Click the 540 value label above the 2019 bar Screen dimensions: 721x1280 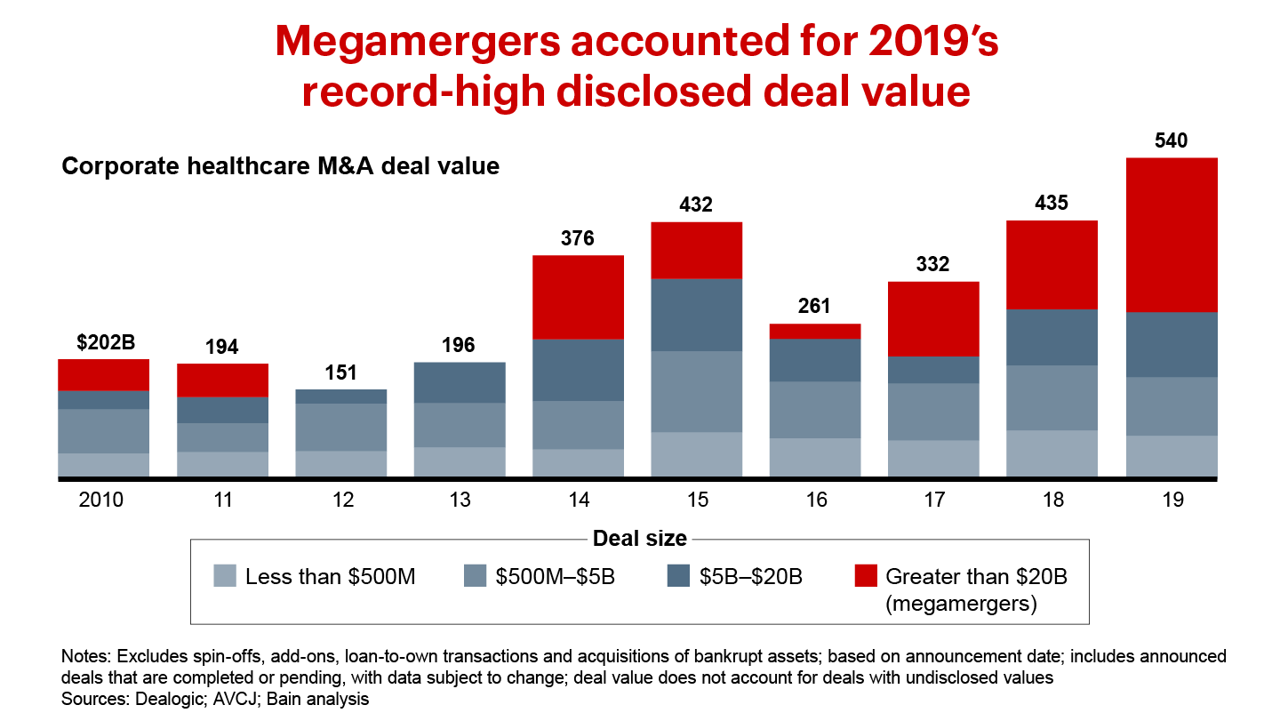1172,140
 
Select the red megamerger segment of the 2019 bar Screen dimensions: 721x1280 1172,235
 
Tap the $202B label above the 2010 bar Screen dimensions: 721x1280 103,342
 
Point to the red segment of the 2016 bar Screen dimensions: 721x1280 815,331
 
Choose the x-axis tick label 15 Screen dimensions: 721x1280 697,500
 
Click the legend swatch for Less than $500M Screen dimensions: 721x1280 226,576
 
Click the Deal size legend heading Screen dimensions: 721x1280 639,538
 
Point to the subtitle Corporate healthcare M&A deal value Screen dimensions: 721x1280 280,166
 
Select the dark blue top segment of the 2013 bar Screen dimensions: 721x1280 460,382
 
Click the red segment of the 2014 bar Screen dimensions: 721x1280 578,297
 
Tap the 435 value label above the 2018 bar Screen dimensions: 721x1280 1052,203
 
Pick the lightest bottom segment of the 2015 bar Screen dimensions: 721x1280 697,454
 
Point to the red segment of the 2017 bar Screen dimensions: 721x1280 933,319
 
